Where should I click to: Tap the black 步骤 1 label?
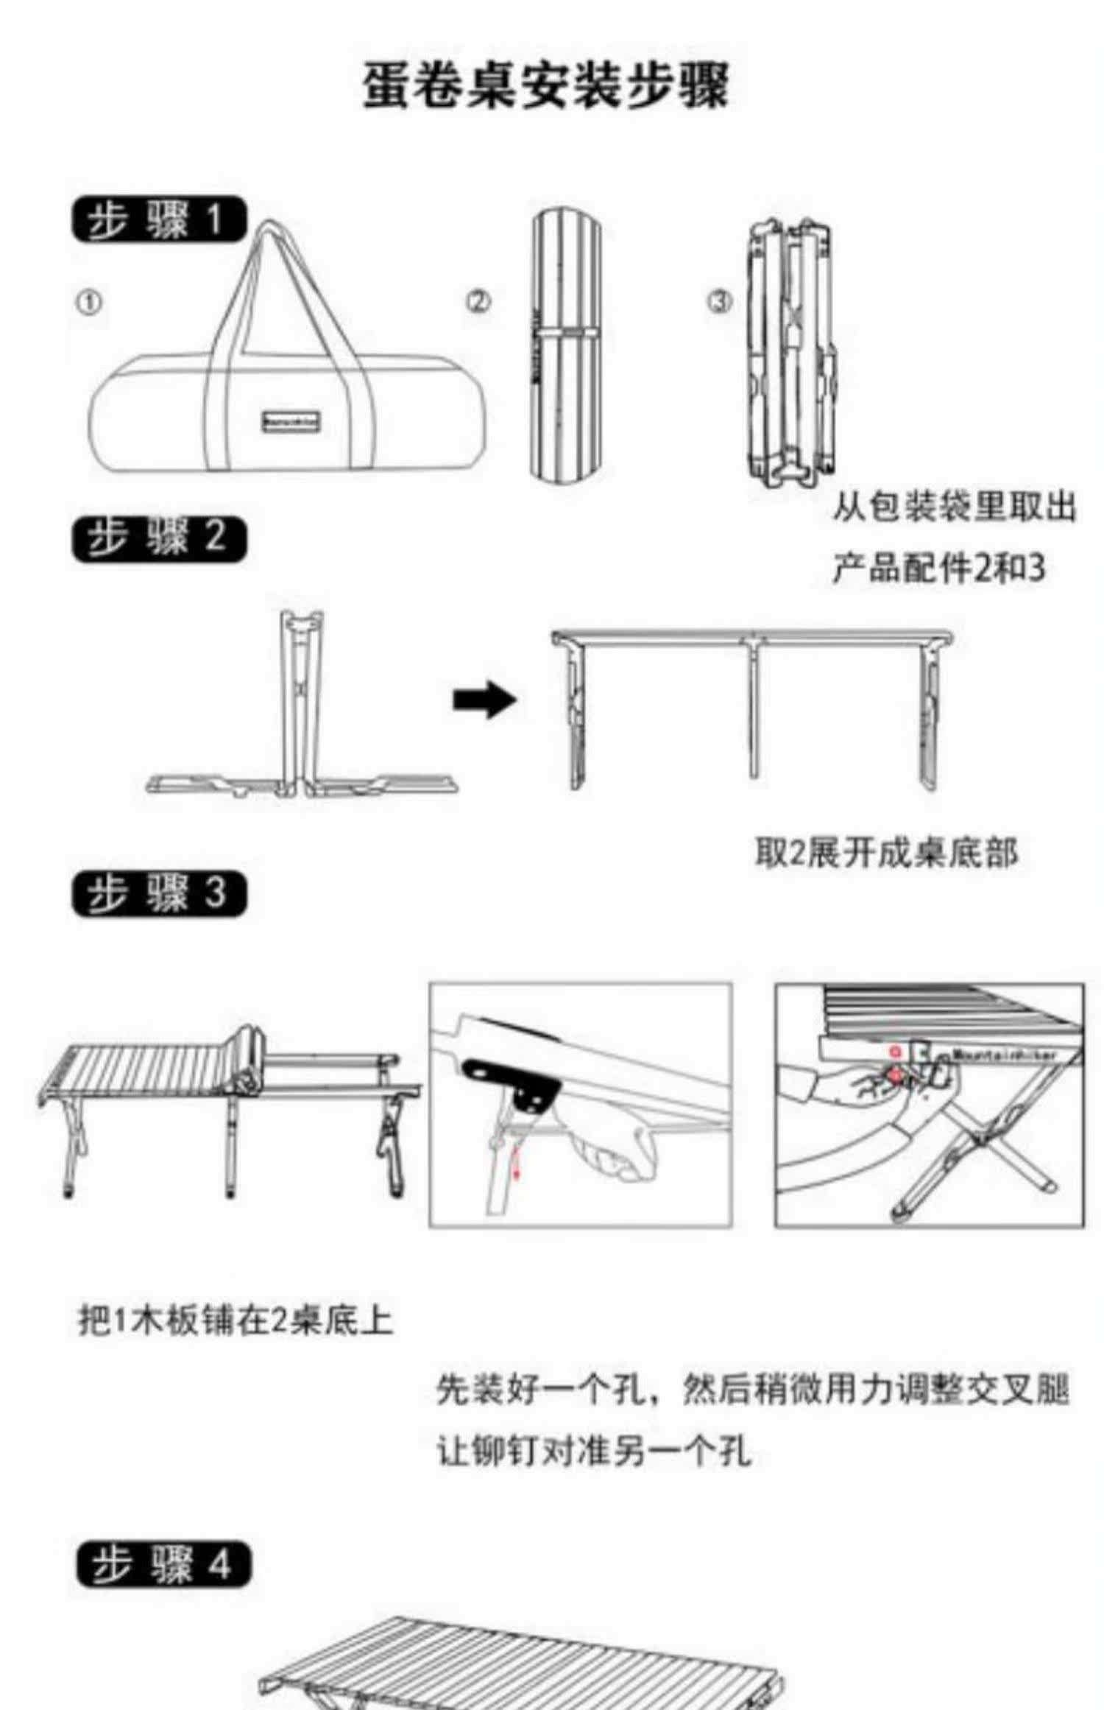159,219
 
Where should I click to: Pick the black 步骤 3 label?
159,894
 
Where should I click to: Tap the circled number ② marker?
478,301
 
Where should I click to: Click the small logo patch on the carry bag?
292,422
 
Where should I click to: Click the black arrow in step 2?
484,699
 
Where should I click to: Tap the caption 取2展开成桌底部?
886,853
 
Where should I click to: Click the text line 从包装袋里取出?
954,507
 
